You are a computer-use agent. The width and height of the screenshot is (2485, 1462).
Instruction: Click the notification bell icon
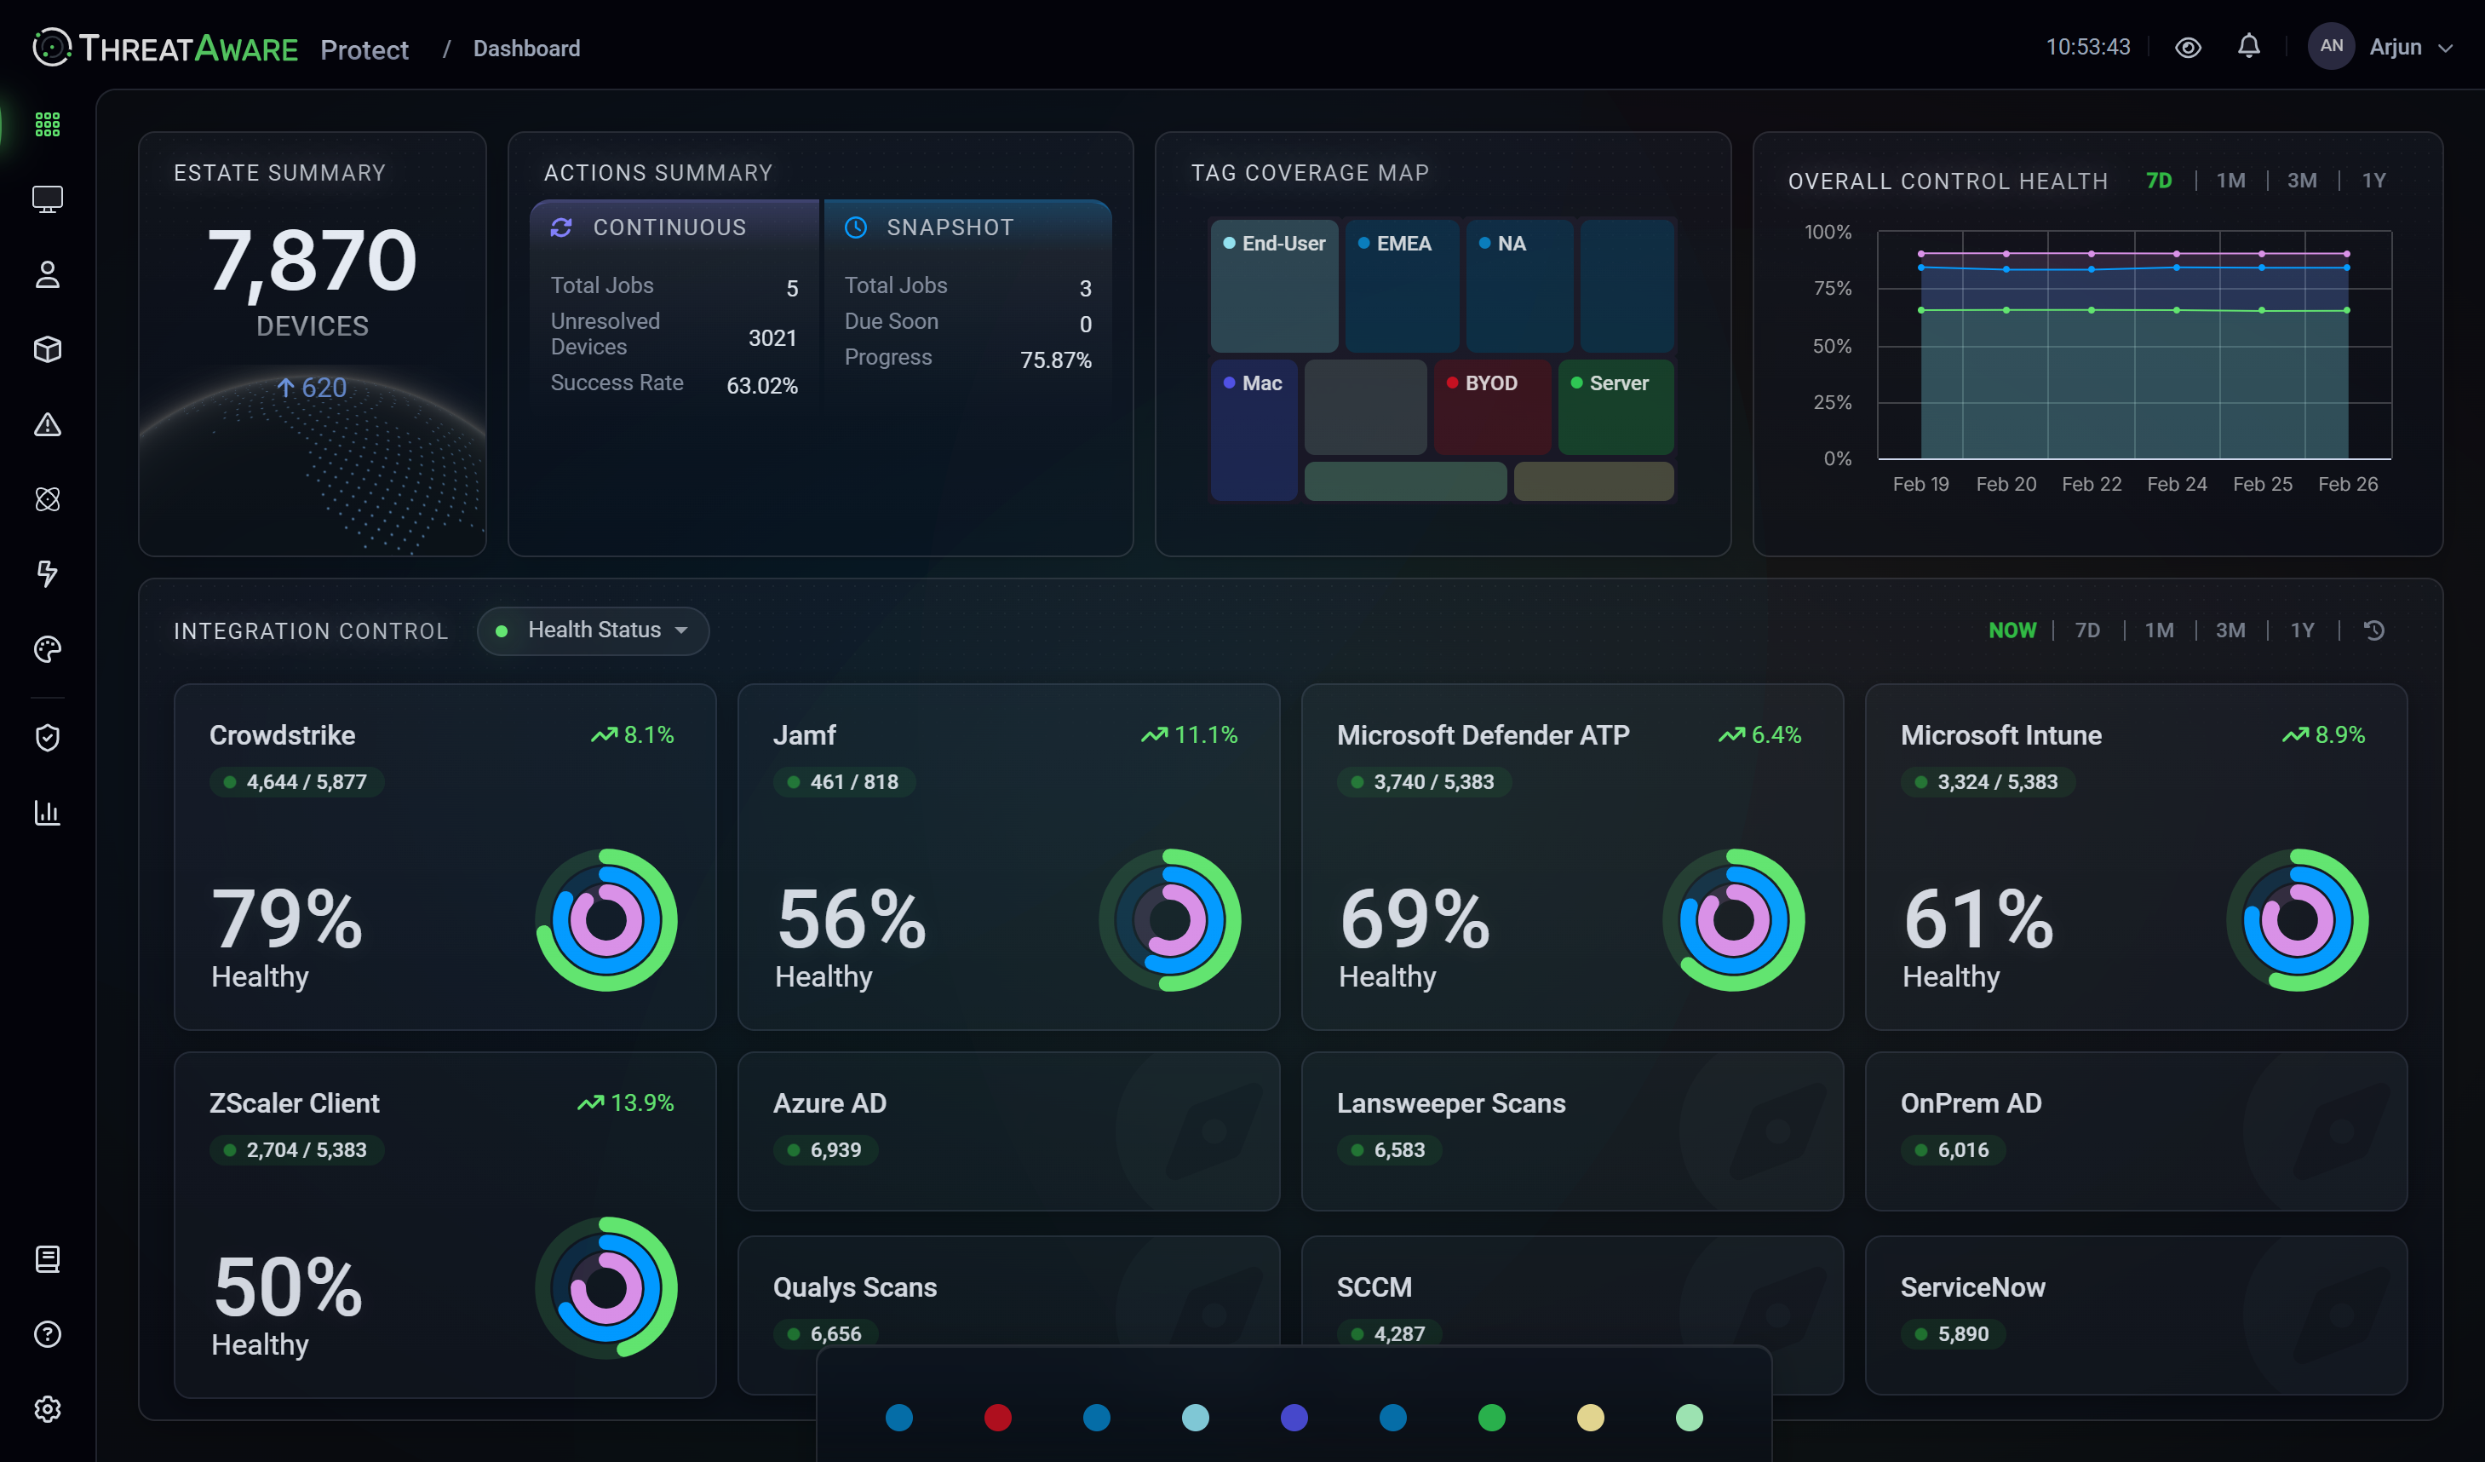[x=2248, y=46]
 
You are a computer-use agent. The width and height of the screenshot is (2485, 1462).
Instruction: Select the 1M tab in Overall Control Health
[x=2230, y=181]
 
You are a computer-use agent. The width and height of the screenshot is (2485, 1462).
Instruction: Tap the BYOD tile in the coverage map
[x=1492, y=406]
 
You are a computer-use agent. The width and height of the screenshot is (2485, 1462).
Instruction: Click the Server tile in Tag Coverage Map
[x=1616, y=406]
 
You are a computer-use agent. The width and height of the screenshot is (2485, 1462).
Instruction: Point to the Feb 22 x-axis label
[x=2091, y=485]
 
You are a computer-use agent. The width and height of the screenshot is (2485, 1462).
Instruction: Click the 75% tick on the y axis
[x=1832, y=289]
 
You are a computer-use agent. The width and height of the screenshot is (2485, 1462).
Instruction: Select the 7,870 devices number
[x=312, y=261]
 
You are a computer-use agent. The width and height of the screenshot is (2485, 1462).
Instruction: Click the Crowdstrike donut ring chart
[x=605, y=919]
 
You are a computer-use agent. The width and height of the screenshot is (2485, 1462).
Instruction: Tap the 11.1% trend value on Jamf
[x=1205, y=735]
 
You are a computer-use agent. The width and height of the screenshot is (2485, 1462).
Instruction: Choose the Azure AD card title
[x=829, y=1103]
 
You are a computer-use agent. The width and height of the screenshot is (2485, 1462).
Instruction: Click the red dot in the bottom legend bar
[x=998, y=1418]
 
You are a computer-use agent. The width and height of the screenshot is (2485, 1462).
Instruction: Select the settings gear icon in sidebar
[x=48, y=1408]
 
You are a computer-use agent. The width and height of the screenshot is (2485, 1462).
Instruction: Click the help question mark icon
[x=48, y=1333]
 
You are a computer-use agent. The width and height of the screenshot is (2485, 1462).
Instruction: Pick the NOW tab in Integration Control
[x=2012, y=630]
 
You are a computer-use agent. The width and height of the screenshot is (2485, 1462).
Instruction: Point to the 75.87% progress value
[x=1055, y=360]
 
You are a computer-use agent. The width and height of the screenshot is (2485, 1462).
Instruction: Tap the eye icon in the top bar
[x=2187, y=48]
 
